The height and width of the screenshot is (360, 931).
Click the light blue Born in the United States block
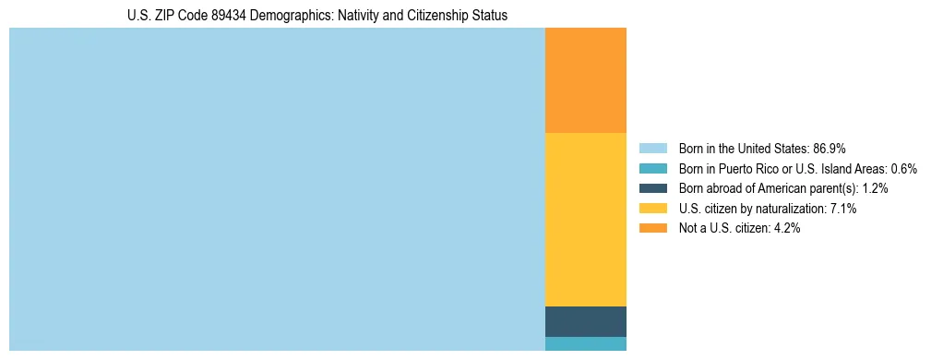[277, 189]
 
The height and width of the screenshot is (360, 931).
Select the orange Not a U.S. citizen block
[586, 80]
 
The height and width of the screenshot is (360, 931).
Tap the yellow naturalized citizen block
[586, 220]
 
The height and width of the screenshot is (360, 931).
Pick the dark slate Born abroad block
[586, 321]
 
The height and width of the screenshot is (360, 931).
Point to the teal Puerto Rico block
[586, 343]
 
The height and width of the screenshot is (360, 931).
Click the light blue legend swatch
[652, 149]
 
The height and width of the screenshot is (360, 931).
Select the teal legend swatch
[652, 169]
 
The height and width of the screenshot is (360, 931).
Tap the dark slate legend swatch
[652, 188]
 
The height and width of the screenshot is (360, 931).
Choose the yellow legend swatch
[652, 209]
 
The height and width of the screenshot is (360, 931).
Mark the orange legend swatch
[652, 228]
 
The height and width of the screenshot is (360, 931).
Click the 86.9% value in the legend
[830, 149]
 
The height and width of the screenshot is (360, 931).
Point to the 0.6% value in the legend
[903, 169]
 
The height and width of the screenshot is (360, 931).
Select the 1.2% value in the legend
[875, 188]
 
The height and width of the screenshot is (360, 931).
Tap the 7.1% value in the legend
[843, 209]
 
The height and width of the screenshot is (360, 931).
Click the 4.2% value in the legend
[786, 228]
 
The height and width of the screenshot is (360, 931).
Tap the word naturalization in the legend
[793, 209]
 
